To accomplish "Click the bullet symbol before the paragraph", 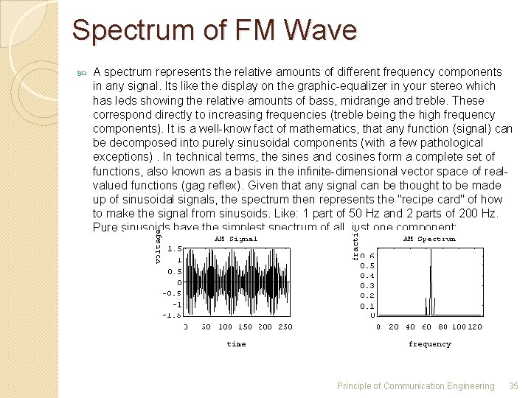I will coord(81,73).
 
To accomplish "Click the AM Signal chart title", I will coord(236,239).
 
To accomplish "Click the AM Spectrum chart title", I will coord(429,239).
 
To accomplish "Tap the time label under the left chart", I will coord(236,344).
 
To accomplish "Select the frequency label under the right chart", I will coord(429,344).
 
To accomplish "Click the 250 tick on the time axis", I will coord(285,327).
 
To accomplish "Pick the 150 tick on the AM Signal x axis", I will coord(245,327).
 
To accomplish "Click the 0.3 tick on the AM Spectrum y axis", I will coord(367,286).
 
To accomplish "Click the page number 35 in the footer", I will coord(513,385).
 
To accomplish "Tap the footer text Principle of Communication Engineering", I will coord(415,385).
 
